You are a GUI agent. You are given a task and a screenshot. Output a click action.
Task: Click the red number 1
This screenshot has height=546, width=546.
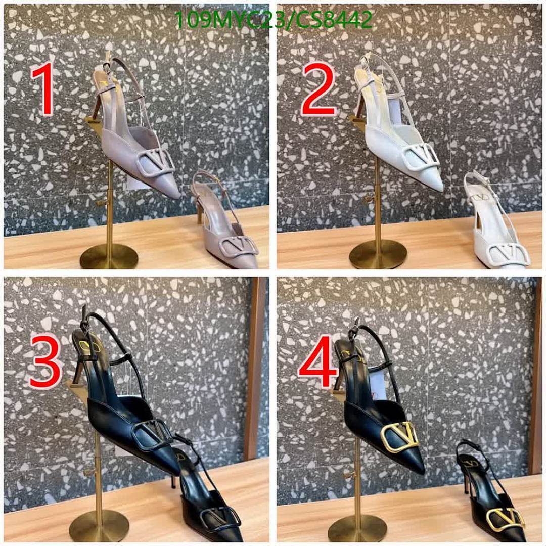pos(42,89)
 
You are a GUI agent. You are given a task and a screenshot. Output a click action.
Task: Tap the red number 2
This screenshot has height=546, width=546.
pos(318,89)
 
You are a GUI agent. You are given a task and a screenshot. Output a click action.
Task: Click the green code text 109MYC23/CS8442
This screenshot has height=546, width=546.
pos(274,20)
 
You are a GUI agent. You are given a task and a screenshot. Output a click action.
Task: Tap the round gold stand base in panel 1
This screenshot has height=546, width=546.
pos(109,256)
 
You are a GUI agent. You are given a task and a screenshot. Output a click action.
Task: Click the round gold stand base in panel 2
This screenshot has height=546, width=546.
pos(378,254)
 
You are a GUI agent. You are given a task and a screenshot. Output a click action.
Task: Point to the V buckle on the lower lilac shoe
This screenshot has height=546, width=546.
pos(240,246)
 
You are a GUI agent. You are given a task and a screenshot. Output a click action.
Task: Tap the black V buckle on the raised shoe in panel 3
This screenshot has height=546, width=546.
pos(153,435)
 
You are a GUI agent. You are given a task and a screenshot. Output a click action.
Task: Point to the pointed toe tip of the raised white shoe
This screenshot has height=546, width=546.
pos(441,190)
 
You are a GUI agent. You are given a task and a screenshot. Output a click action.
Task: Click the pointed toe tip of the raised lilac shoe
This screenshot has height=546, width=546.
pos(178,197)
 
